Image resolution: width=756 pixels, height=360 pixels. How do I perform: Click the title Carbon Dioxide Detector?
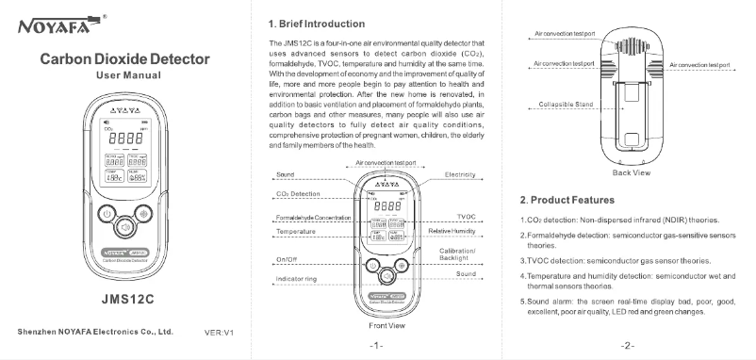coord(125,59)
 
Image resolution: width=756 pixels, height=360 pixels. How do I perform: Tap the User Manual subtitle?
coord(125,74)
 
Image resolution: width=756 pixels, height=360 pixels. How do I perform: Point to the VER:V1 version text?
coord(219,332)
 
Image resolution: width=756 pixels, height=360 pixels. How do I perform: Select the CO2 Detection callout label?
coord(298,193)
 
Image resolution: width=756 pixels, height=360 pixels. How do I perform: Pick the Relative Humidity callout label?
coord(452,230)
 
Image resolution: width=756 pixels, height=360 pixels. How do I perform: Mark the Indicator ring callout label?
coord(295,279)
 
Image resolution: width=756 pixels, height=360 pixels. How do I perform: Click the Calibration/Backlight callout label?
coord(459,254)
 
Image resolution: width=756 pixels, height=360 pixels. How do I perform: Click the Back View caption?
coord(631,173)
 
